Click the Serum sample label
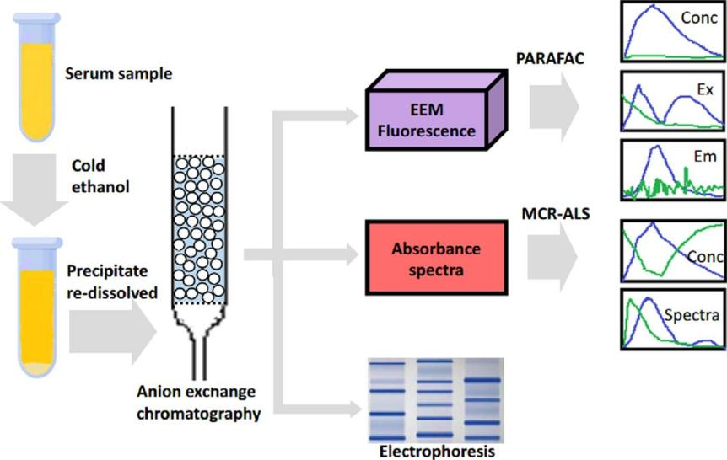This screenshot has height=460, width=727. (119, 73)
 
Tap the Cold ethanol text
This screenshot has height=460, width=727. (100, 176)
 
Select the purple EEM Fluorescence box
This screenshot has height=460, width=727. (436, 110)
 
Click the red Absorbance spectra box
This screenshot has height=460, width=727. (436, 258)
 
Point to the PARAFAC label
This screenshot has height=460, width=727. (551, 58)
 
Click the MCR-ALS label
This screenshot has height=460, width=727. (556, 213)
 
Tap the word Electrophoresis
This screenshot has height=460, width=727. (437, 452)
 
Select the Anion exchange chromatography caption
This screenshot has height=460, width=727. (198, 403)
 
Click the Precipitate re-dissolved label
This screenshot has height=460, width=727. (112, 281)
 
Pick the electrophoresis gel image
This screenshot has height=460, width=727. (436, 400)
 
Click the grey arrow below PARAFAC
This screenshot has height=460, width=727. (554, 107)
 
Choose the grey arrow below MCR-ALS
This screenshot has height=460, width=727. (552, 257)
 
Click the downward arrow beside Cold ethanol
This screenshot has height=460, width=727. (35, 190)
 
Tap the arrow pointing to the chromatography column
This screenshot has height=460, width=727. (113, 332)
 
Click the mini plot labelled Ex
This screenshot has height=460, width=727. (673, 101)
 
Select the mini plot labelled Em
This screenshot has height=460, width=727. (673, 170)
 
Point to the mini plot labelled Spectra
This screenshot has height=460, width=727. (673, 319)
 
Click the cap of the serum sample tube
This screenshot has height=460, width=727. (36, 19)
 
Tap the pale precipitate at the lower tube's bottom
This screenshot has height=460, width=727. (37, 368)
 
